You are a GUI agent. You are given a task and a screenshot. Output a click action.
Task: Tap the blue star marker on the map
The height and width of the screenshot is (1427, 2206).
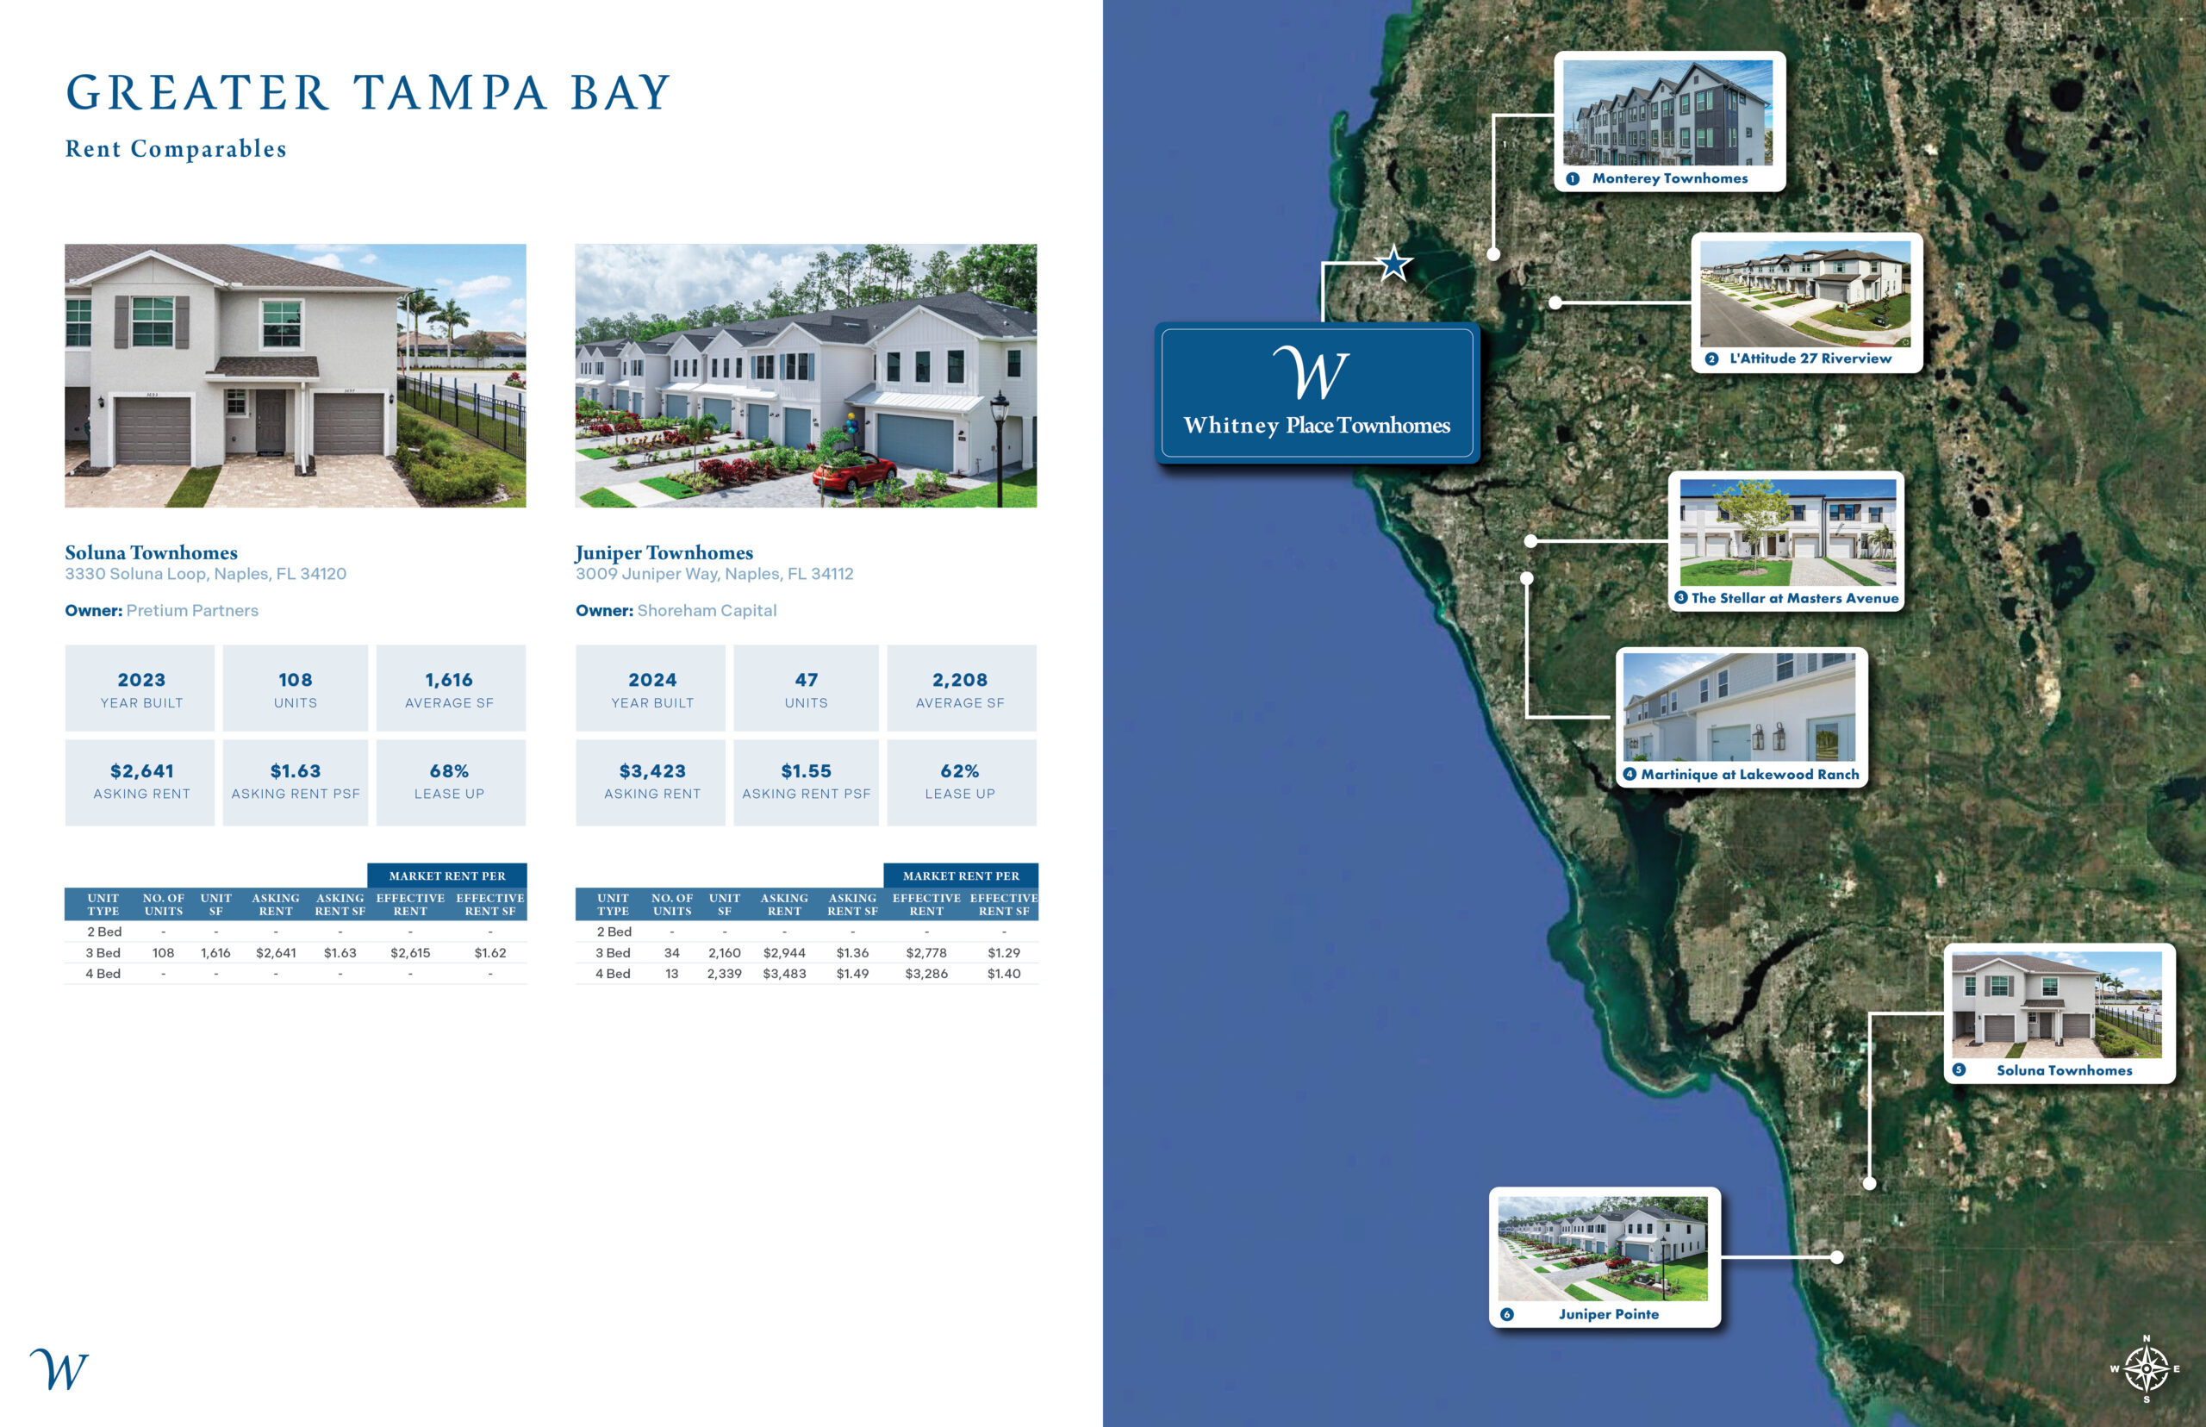click(x=1393, y=263)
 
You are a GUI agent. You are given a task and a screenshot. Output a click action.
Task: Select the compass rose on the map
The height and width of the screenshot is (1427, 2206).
click(x=2146, y=1368)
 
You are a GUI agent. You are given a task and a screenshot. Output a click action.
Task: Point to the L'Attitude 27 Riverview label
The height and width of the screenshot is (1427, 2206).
click(x=1810, y=358)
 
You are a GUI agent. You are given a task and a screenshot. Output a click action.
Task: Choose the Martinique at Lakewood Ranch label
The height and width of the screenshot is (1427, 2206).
click(x=1750, y=774)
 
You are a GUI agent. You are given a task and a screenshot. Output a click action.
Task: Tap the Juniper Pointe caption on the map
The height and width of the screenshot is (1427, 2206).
click(x=1609, y=1314)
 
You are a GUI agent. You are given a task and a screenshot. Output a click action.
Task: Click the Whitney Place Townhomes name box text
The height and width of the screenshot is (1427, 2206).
click(x=1317, y=426)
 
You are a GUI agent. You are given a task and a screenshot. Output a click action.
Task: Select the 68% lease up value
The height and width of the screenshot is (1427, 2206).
click(x=449, y=771)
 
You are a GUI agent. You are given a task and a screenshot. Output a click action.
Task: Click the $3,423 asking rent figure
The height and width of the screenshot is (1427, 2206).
click(x=652, y=771)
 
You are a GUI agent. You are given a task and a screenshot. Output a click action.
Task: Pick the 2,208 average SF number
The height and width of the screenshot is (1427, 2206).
click(x=960, y=680)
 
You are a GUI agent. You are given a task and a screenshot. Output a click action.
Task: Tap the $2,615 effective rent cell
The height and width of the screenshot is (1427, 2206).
click(x=410, y=952)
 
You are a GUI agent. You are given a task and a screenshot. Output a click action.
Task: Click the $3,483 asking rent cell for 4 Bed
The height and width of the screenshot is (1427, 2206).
click(x=784, y=974)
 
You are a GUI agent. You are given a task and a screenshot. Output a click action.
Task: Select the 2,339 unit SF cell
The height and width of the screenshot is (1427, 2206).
click(x=725, y=974)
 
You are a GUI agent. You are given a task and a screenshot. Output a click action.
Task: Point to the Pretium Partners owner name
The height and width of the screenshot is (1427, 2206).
click(x=193, y=611)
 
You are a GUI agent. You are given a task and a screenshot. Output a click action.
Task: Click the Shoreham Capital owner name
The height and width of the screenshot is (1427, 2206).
click(x=707, y=611)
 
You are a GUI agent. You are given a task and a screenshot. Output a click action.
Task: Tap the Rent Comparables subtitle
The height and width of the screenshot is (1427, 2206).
click(x=176, y=148)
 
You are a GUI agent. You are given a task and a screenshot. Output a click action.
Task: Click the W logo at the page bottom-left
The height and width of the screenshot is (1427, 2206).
click(x=59, y=1368)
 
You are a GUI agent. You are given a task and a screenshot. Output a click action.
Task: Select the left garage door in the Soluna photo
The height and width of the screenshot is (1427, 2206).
click(x=153, y=430)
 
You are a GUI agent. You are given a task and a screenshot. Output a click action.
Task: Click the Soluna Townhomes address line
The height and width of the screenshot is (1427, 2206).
click(x=206, y=574)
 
